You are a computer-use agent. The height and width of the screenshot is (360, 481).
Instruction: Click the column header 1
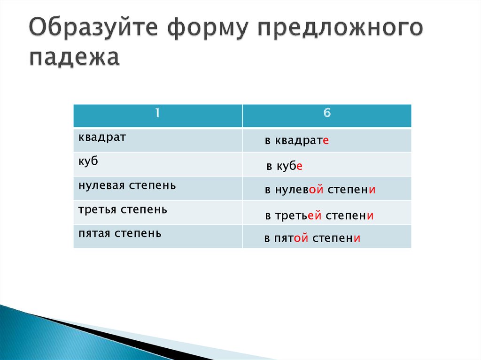coord(158,114)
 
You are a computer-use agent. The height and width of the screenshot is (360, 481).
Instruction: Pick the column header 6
coord(327,114)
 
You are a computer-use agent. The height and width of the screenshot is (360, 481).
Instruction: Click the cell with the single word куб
coord(88,161)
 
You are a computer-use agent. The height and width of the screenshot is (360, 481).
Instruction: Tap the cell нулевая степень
coord(127,185)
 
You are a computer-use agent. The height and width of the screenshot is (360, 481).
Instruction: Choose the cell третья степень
coord(123,209)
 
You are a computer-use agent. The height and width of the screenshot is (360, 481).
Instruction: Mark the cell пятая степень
coord(120,233)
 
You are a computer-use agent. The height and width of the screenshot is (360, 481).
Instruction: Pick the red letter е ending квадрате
coord(325,141)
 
